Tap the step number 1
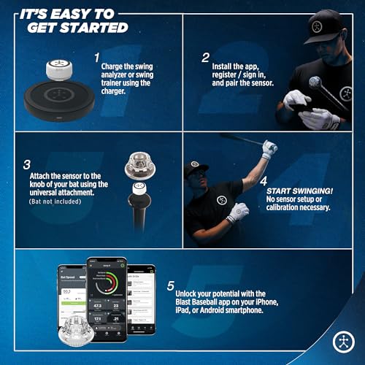pos(96,57)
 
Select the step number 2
pos(207,57)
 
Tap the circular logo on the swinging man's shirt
pos(221,200)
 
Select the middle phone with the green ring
pos(107,296)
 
